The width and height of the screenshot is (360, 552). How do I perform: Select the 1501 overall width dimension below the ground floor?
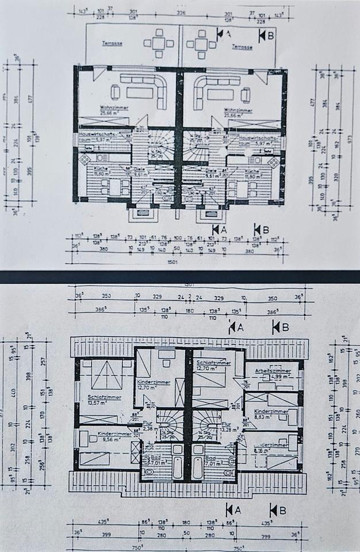point(181,262)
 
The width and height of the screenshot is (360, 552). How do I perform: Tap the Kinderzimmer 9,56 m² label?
point(112,435)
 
